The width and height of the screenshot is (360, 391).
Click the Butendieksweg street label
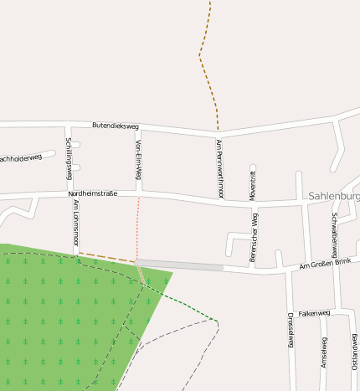click(x=115, y=126)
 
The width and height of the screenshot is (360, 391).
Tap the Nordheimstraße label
click(x=92, y=193)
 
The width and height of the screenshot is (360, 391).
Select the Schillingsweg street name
click(x=69, y=158)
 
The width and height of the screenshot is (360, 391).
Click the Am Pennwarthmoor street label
click(x=219, y=168)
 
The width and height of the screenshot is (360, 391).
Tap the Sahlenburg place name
click(x=334, y=196)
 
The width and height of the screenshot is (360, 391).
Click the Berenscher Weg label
click(x=255, y=238)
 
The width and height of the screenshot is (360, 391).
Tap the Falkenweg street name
click(x=314, y=312)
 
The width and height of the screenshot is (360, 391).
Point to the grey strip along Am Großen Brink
click(x=180, y=265)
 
